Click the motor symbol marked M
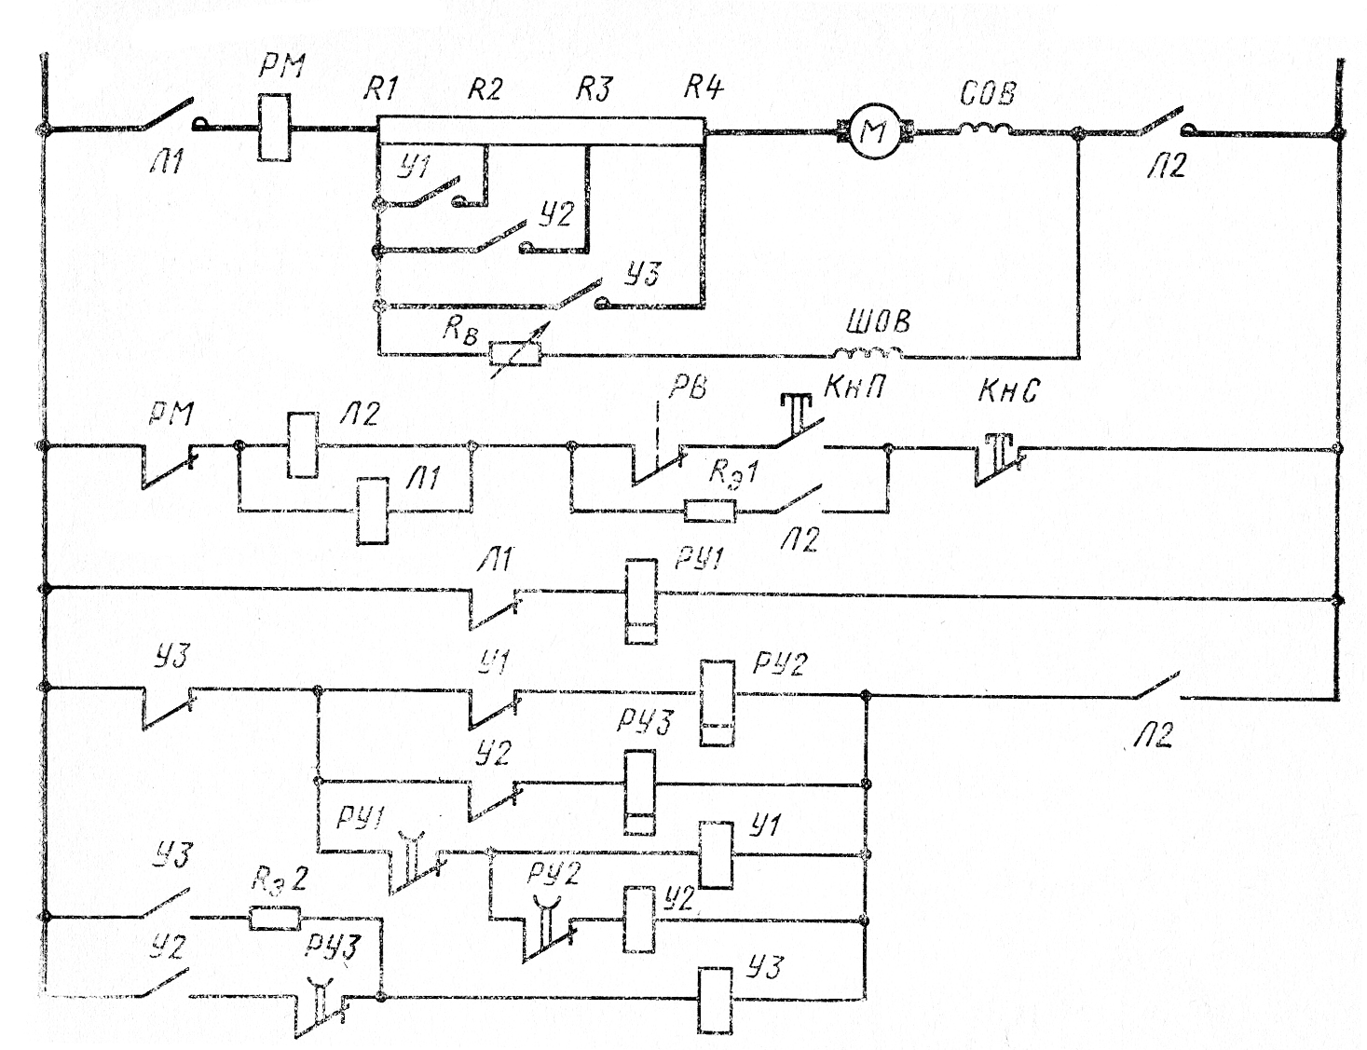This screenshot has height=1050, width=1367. (x=873, y=132)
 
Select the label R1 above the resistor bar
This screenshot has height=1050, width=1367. (x=380, y=89)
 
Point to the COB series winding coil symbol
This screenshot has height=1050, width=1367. (x=987, y=127)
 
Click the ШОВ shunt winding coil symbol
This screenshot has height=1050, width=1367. (x=867, y=352)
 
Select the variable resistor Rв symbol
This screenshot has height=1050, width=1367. (x=515, y=354)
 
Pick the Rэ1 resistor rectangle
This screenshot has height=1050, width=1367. (x=710, y=510)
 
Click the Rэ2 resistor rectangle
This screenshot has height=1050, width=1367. (x=275, y=919)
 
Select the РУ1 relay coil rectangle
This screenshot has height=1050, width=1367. (x=641, y=601)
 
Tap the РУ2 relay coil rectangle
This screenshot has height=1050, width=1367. (x=717, y=702)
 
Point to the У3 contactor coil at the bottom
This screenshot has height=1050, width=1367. (x=715, y=1000)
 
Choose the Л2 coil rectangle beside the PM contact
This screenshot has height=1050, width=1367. (x=302, y=445)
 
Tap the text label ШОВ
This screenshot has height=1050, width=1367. (x=877, y=322)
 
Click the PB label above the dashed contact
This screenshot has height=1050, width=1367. (x=687, y=387)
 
